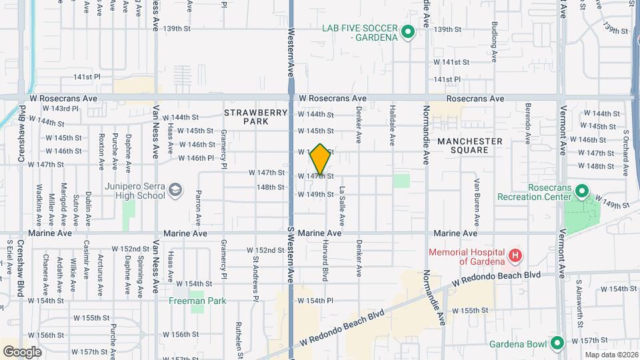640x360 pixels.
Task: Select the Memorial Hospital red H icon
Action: [514, 256]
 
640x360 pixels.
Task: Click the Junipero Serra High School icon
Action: [175, 191]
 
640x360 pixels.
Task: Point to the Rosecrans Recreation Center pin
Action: [581, 193]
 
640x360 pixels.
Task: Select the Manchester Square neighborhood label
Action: [470, 147]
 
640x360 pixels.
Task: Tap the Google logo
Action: [22, 352]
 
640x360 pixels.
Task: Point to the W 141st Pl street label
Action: [87, 77]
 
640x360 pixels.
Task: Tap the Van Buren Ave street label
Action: [477, 201]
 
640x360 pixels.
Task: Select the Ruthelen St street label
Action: [238, 339]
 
